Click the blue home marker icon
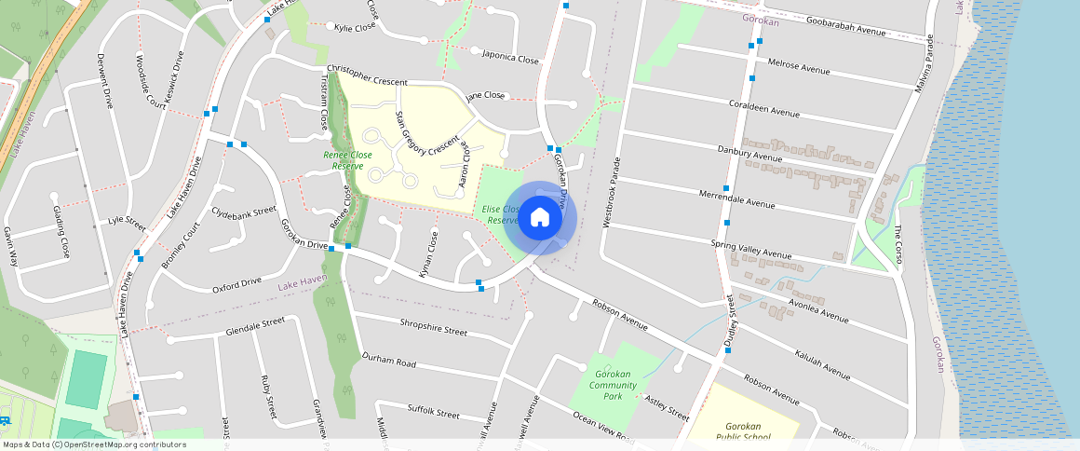539,218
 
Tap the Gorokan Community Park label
613,384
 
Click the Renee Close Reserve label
347,160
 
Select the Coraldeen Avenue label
763,108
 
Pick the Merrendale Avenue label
736,198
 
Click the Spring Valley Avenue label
750,249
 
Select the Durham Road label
388,359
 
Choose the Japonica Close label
510,57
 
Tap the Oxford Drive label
236,283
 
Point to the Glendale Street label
254,327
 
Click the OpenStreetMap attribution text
95,444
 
